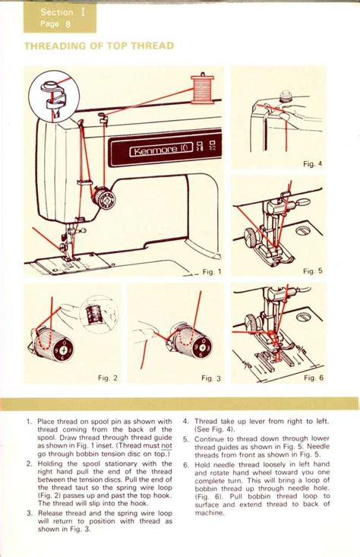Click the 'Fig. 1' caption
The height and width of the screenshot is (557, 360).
(212, 271)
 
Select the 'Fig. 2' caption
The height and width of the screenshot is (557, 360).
(108, 378)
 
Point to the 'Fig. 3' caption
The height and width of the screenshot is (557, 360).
(210, 378)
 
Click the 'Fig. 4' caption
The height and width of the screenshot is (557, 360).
(313, 163)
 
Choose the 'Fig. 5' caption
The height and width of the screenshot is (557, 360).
(313, 271)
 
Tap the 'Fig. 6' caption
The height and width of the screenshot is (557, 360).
(313, 378)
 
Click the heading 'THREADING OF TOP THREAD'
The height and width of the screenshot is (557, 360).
(99, 46)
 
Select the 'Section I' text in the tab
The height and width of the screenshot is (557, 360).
(58, 12)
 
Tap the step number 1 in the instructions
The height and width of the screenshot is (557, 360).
(28, 421)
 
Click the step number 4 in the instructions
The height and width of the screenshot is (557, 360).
(185, 421)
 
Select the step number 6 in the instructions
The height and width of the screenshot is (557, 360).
(185, 464)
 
